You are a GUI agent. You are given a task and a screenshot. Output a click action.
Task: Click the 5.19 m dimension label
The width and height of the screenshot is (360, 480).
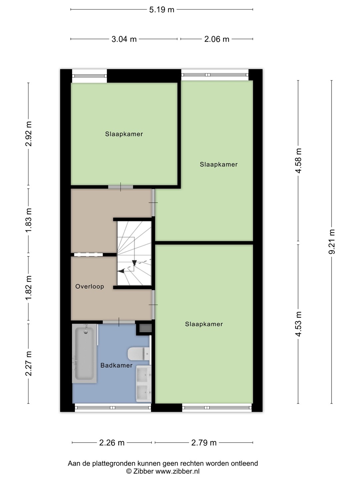(x=162, y=10)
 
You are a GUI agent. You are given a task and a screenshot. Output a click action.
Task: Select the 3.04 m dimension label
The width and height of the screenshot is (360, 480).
(x=124, y=39)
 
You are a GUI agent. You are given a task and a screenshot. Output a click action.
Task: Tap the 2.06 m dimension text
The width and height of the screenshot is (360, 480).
(x=217, y=39)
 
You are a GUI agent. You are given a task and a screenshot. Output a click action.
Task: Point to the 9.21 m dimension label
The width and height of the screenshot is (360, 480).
(x=332, y=242)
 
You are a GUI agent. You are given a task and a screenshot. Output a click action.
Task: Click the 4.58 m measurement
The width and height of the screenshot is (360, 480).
(x=298, y=161)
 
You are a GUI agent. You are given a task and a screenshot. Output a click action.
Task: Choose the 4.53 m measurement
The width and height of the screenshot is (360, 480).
(x=298, y=324)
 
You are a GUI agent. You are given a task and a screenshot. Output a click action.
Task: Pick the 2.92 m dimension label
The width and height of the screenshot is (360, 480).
(x=29, y=134)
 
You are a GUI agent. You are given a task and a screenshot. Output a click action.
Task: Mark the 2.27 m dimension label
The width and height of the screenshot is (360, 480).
(x=29, y=363)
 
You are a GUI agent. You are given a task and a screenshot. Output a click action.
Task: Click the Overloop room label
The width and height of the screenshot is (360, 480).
(x=90, y=286)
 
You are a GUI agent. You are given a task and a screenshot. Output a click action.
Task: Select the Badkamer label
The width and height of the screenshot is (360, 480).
(x=117, y=365)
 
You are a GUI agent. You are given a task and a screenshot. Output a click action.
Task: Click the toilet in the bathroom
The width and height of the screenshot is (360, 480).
(x=139, y=354)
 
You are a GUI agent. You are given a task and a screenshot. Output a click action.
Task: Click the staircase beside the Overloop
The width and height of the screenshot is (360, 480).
(x=134, y=253)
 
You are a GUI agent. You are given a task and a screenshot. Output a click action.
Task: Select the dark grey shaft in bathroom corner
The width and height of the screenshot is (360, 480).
(x=145, y=328)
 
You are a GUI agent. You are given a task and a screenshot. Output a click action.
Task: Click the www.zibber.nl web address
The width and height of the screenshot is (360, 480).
(x=177, y=471)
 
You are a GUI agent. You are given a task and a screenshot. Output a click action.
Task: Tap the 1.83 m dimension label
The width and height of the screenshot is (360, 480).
(x=29, y=220)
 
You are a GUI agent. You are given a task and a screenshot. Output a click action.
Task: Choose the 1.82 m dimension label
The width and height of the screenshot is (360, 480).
(x=29, y=288)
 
